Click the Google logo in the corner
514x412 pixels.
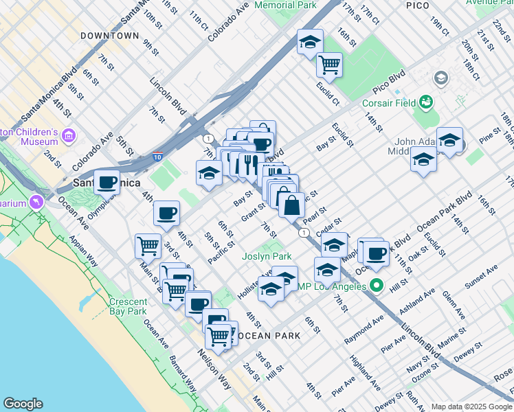23,404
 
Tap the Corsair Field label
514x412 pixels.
390,103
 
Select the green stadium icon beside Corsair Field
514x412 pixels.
426,103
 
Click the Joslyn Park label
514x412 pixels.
267,256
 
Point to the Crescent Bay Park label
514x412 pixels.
128,306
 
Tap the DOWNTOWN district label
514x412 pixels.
109,36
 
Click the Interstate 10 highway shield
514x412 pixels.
158,157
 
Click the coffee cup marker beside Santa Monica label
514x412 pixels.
107,182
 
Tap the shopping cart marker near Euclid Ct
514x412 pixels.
330,65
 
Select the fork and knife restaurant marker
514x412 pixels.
246,165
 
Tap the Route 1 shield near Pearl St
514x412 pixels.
303,233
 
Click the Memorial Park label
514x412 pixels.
285,5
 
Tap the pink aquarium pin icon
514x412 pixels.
36,202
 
